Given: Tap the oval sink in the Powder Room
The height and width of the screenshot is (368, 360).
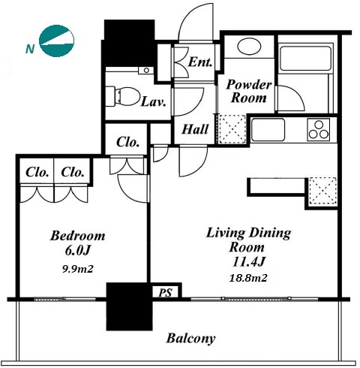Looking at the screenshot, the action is (x=249, y=46).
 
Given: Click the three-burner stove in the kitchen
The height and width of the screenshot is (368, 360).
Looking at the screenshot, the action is (x=319, y=130).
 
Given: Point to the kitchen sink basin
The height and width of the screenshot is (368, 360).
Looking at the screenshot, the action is (x=268, y=130).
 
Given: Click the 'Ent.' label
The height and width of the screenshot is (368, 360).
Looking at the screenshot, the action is (x=200, y=62).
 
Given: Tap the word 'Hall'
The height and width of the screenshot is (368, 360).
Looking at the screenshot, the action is (x=195, y=129).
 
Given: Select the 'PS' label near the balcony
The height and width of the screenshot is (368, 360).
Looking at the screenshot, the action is (x=166, y=292).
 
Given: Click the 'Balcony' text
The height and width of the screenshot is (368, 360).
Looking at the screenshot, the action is (x=190, y=339).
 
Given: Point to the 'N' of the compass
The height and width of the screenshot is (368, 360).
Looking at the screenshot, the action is (x=30, y=49).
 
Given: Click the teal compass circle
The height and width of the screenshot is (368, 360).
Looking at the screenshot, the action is (x=57, y=41).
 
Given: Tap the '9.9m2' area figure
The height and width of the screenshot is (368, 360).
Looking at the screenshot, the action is (x=78, y=269).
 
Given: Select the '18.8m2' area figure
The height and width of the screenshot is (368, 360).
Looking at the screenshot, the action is (x=248, y=278).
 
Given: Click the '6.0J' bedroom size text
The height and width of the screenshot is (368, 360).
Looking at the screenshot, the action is (x=77, y=250).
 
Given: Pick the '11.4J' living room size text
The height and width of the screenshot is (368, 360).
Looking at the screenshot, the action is (x=248, y=261).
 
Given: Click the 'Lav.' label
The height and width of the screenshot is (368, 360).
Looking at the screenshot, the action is (x=154, y=102).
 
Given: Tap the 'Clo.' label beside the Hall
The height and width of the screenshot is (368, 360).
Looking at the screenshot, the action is (x=127, y=142).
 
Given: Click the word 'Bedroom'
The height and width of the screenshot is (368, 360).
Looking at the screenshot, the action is (x=77, y=236).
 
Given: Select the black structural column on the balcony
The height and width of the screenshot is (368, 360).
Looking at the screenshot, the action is (x=129, y=306).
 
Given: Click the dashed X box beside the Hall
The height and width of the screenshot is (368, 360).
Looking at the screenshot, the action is (x=232, y=129).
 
